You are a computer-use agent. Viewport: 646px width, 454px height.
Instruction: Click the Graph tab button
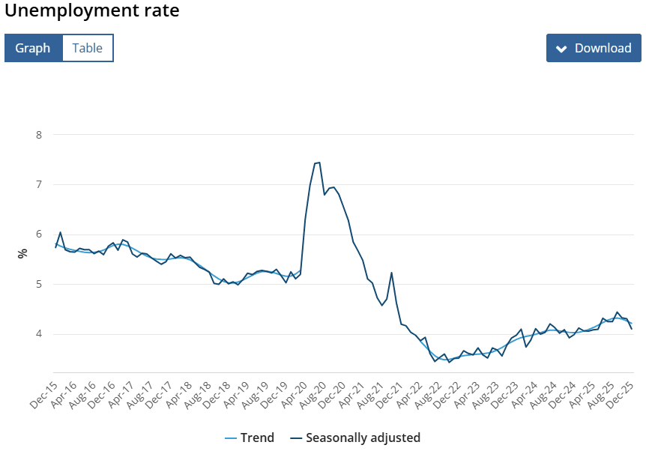[33, 48]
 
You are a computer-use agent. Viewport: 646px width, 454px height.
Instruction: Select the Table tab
[88, 48]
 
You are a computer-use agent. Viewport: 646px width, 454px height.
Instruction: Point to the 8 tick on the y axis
[39, 135]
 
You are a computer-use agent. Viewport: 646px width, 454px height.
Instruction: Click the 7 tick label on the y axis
[39, 184]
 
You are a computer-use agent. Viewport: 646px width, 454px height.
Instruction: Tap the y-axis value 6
[39, 234]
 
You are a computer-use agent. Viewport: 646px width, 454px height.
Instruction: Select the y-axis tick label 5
[39, 284]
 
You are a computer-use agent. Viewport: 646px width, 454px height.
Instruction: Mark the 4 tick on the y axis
[39, 334]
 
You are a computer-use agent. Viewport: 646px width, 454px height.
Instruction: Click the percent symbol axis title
[22, 253]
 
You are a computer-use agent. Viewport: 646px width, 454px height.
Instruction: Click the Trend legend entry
[250, 438]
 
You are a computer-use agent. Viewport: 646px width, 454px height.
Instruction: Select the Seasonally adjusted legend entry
[354, 438]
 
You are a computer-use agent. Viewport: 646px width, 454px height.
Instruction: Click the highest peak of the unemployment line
[319, 163]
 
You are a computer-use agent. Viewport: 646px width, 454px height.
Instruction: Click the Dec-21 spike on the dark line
[391, 273]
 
